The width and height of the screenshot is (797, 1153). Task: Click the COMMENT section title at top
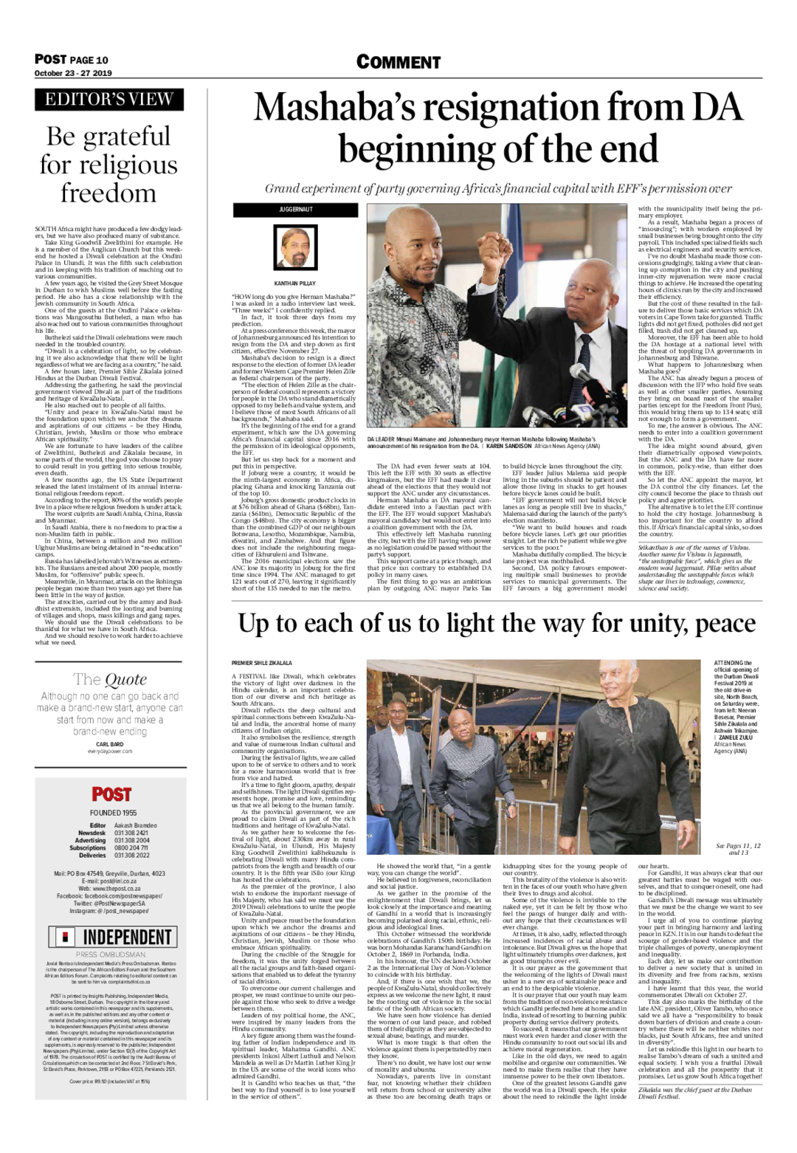click(398, 62)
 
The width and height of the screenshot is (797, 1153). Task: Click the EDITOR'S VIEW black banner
click(109, 100)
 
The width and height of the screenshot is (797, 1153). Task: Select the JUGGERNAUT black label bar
click(295, 210)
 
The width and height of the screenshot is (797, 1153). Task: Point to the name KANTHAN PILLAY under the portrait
click(294, 283)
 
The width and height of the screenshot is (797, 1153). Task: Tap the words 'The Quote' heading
click(110, 679)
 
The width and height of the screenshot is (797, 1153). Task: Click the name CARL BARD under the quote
click(109, 744)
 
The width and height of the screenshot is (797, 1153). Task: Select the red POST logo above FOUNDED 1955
click(111, 794)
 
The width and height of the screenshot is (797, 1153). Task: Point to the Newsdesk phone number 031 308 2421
click(131, 833)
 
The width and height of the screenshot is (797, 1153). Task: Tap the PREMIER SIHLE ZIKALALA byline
click(262, 664)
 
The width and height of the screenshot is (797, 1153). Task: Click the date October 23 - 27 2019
click(73, 73)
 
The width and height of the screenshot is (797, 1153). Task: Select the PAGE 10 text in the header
click(90, 60)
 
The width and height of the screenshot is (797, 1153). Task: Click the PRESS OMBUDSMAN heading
click(110, 954)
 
